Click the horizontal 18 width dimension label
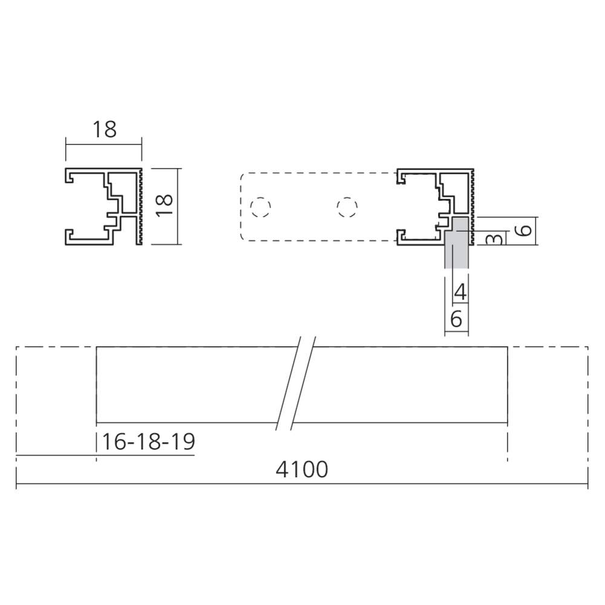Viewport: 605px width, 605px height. click(x=104, y=129)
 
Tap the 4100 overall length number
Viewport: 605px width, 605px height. click(x=302, y=469)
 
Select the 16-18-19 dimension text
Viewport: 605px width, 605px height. click(x=148, y=442)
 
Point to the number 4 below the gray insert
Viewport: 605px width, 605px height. click(x=460, y=293)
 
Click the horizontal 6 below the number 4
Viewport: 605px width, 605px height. click(x=456, y=319)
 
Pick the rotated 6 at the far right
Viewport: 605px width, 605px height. click(x=525, y=230)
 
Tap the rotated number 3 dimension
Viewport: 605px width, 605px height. click(x=494, y=238)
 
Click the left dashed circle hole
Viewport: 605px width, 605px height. click(x=260, y=207)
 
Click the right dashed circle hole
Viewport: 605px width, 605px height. click(x=345, y=207)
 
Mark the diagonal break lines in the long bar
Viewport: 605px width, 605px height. click(x=296, y=384)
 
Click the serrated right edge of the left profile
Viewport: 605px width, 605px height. click(x=140, y=206)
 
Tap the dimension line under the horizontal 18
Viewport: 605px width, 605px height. click(x=104, y=144)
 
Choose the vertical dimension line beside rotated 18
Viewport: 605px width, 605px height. click(x=179, y=206)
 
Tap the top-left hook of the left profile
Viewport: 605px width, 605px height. click(x=70, y=177)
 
